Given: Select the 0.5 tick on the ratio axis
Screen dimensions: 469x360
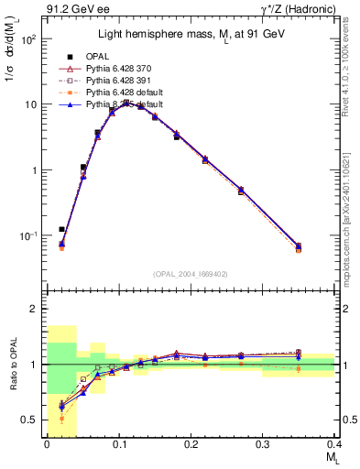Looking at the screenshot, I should pos(29,420).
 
